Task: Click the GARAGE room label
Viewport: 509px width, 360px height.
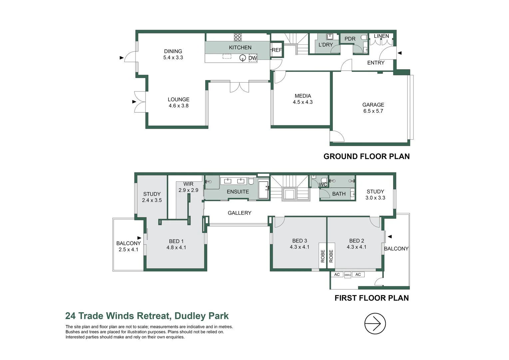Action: point(373,105)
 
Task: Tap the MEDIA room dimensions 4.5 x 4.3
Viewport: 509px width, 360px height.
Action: point(302,102)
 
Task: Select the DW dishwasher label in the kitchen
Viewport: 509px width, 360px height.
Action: point(253,58)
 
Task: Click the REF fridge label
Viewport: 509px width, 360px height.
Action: point(276,50)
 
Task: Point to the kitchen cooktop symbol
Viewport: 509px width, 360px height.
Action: point(238,37)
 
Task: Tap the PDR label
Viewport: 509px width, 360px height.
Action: point(350,39)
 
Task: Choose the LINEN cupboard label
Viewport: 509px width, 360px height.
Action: point(381,36)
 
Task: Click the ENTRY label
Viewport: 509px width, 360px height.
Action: point(375,63)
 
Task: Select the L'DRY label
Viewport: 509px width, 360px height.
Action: point(325,45)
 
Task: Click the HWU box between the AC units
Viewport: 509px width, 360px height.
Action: point(347,275)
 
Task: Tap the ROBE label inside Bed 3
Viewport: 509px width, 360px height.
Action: point(322,256)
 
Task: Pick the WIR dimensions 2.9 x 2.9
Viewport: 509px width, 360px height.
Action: point(188,190)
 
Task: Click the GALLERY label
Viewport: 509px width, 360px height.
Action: point(239,213)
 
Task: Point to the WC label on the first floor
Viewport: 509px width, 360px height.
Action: point(323,185)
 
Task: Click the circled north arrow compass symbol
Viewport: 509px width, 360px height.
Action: point(375,323)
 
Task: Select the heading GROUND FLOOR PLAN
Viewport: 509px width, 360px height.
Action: point(366,156)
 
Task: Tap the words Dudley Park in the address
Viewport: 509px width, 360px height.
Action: point(202,316)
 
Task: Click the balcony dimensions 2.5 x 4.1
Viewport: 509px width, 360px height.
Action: point(128,250)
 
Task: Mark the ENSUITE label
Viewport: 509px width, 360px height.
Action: point(238,192)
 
